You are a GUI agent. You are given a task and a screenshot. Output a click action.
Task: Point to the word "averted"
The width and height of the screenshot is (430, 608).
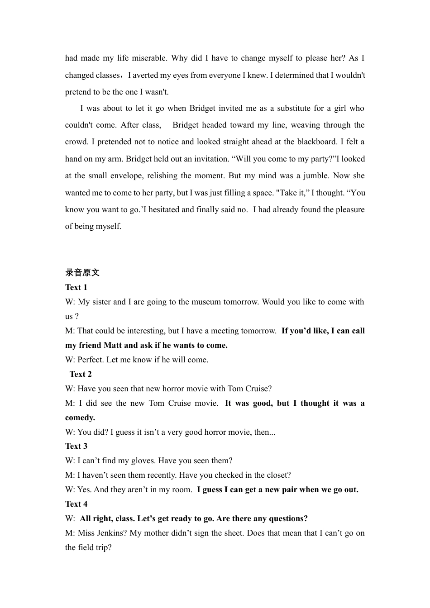pos(152,75)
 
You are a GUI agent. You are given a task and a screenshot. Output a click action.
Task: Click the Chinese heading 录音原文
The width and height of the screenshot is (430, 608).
pos(82,272)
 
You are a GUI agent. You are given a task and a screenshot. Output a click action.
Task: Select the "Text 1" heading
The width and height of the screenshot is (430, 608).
pos(76,287)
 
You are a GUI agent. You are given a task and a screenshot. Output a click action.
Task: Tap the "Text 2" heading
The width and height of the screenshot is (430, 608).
pos(81,374)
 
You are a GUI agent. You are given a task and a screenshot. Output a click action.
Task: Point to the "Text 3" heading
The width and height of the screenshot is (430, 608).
pos(76,446)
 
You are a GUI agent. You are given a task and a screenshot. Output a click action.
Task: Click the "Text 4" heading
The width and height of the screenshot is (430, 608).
pos(76,504)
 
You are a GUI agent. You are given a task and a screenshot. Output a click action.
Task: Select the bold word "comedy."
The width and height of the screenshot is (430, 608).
pos(80,418)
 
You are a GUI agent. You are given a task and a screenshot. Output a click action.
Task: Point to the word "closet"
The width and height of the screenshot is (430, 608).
pos(277,475)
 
